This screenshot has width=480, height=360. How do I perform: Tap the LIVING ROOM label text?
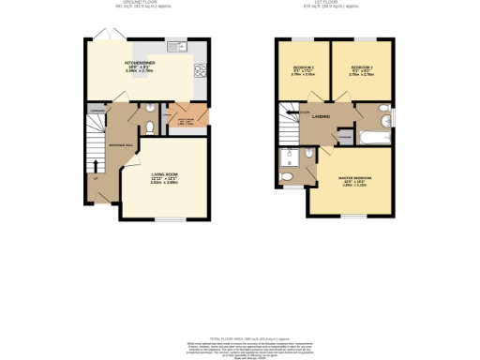[165, 173]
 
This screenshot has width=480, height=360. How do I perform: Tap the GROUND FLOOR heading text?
[116, 3]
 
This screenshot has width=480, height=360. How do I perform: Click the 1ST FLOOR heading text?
[324, 3]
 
